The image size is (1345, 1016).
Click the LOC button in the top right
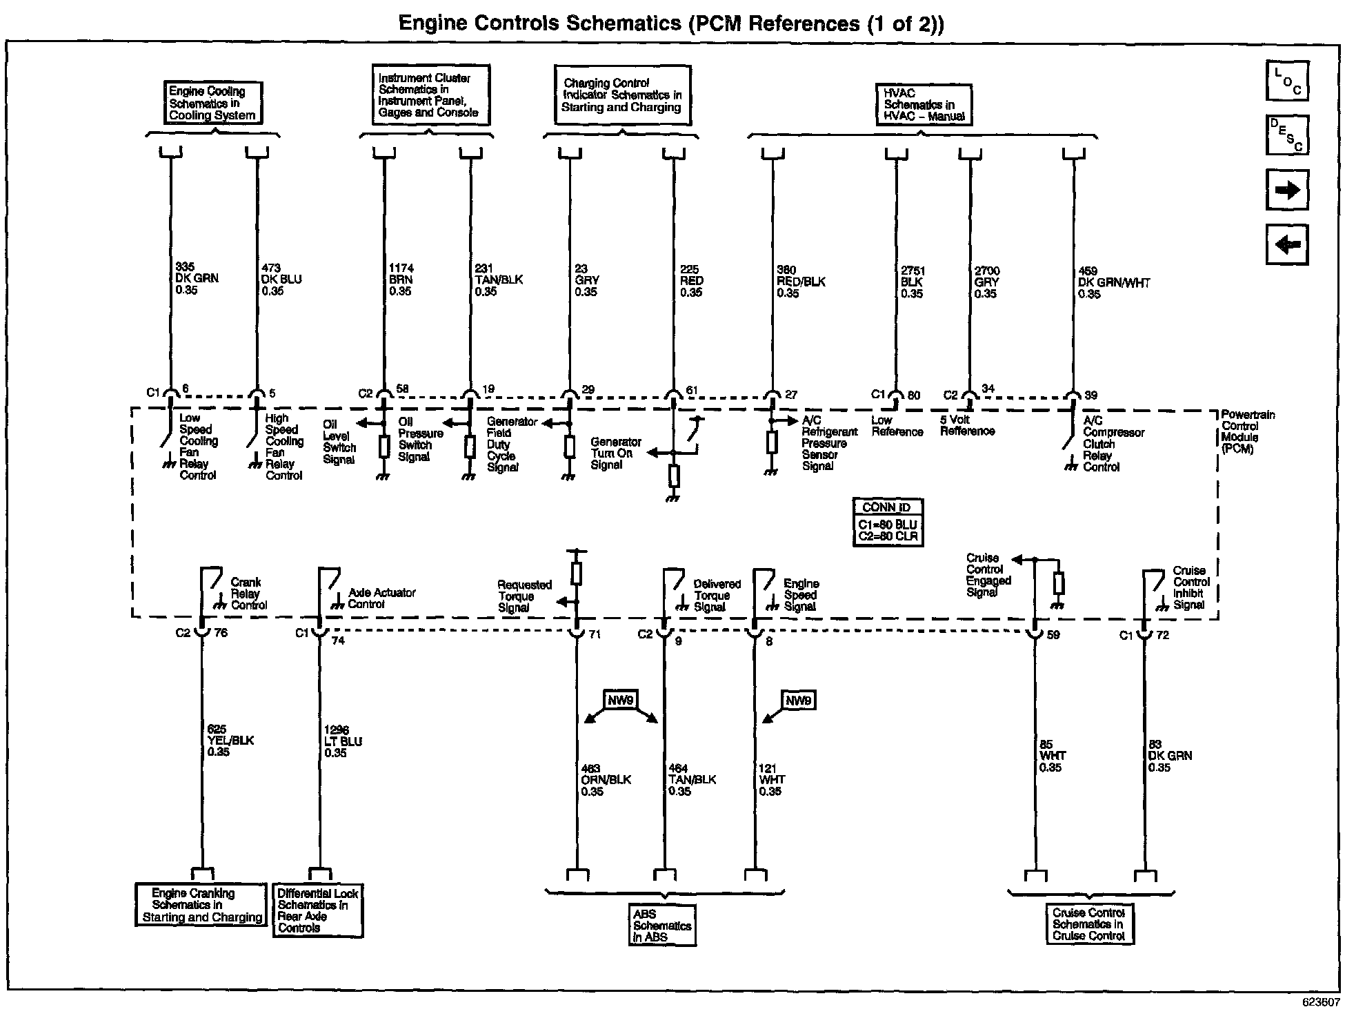tap(1287, 81)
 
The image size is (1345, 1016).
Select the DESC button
tap(1287, 135)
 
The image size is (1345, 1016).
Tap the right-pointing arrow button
tap(1287, 190)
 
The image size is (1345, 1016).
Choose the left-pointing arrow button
tap(1287, 244)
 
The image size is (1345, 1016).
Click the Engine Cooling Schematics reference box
tap(212, 103)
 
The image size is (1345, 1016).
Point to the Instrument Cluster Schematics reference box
tap(430, 95)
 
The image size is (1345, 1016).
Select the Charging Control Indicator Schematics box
tap(622, 95)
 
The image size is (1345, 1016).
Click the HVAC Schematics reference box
tap(924, 105)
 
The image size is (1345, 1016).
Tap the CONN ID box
tap(888, 522)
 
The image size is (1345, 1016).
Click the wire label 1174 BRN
tap(401, 280)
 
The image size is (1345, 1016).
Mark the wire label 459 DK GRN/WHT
tap(1113, 282)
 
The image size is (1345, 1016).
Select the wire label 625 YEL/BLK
tap(230, 740)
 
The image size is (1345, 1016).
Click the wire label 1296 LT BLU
tap(343, 741)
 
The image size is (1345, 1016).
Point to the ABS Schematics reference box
tap(661, 925)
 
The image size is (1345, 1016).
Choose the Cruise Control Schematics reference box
tap(1088, 924)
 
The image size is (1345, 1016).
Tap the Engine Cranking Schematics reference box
tap(201, 905)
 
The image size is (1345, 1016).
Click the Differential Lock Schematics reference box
tap(317, 910)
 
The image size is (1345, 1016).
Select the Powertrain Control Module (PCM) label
tap(1247, 431)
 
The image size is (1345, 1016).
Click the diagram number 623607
tap(1320, 1001)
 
